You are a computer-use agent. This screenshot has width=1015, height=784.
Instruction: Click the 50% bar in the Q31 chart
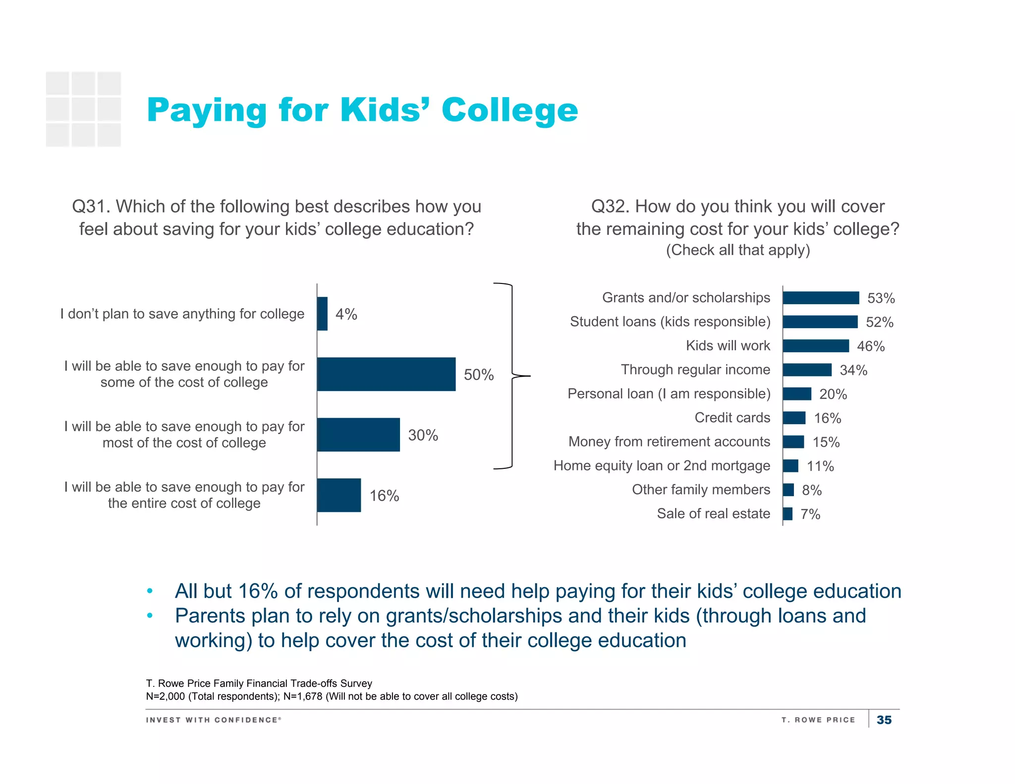(x=386, y=374)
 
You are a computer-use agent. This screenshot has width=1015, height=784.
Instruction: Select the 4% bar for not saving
(x=322, y=314)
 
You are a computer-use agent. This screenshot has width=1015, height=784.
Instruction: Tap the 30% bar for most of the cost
(x=358, y=435)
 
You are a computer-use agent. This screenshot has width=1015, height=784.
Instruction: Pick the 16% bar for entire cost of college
(x=339, y=495)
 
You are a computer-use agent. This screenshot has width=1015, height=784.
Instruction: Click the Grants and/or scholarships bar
(x=821, y=298)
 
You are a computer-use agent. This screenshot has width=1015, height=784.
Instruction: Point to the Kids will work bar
(x=816, y=346)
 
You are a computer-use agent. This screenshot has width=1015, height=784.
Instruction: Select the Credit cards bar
(x=794, y=418)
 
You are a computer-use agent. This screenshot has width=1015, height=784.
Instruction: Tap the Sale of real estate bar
(x=788, y=514)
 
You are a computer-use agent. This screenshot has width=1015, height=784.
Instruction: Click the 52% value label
(x=879, y=322)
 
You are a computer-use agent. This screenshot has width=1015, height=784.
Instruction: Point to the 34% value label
(x=853, y=370)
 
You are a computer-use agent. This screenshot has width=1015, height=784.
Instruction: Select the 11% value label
(x=820, y=466)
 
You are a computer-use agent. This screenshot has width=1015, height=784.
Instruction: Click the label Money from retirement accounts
(x=669, y=442)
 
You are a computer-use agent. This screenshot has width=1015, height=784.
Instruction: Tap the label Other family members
(x=701, y=490)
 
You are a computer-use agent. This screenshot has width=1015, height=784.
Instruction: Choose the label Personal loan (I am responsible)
(x=669, y=394)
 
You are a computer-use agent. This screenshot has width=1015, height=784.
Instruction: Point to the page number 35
(x=884, y=720)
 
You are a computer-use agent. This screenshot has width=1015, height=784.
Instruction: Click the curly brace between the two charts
(x=512, y=376)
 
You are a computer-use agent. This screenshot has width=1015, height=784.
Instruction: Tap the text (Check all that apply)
(x=737, y=250)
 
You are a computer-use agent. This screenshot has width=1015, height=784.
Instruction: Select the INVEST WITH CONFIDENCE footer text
(x=213, y=720)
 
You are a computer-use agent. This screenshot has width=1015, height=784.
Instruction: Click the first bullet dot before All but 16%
(x=150, y=591)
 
